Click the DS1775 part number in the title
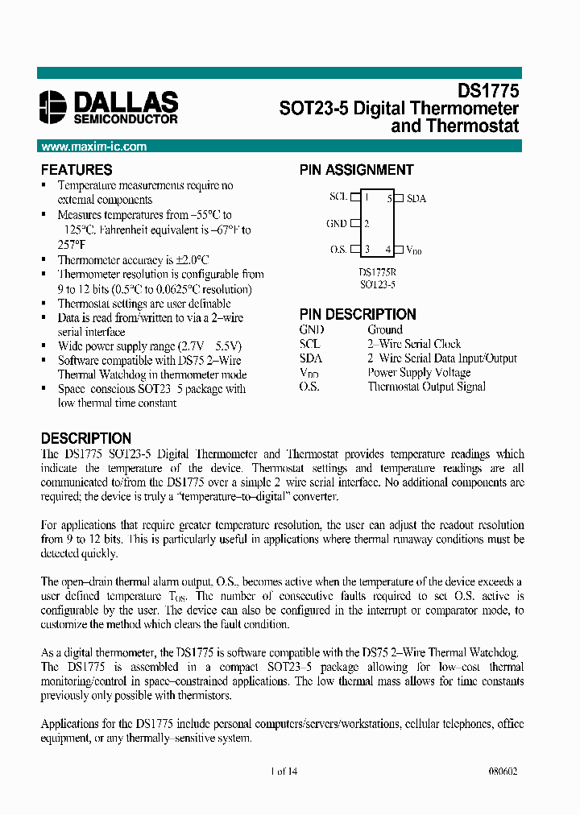click(488, 92)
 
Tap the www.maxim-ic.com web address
click(94, 147)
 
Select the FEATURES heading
click(77, 170)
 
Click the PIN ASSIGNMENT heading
click(356, 170)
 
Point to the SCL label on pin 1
click(338, 197)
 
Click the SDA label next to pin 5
click(416, 198)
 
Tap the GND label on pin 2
click(337, 224)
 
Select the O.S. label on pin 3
click(338, 250)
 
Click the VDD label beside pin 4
click(414, 250)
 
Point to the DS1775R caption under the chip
click(377, 272)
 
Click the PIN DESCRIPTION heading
click(358, 314)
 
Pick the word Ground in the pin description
click(385, 329)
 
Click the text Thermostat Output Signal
click(426, 387)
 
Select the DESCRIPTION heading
click(86, 438)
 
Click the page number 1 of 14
click(284, 771)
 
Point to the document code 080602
click(503, 771)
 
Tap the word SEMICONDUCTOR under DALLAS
click(126, 119)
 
